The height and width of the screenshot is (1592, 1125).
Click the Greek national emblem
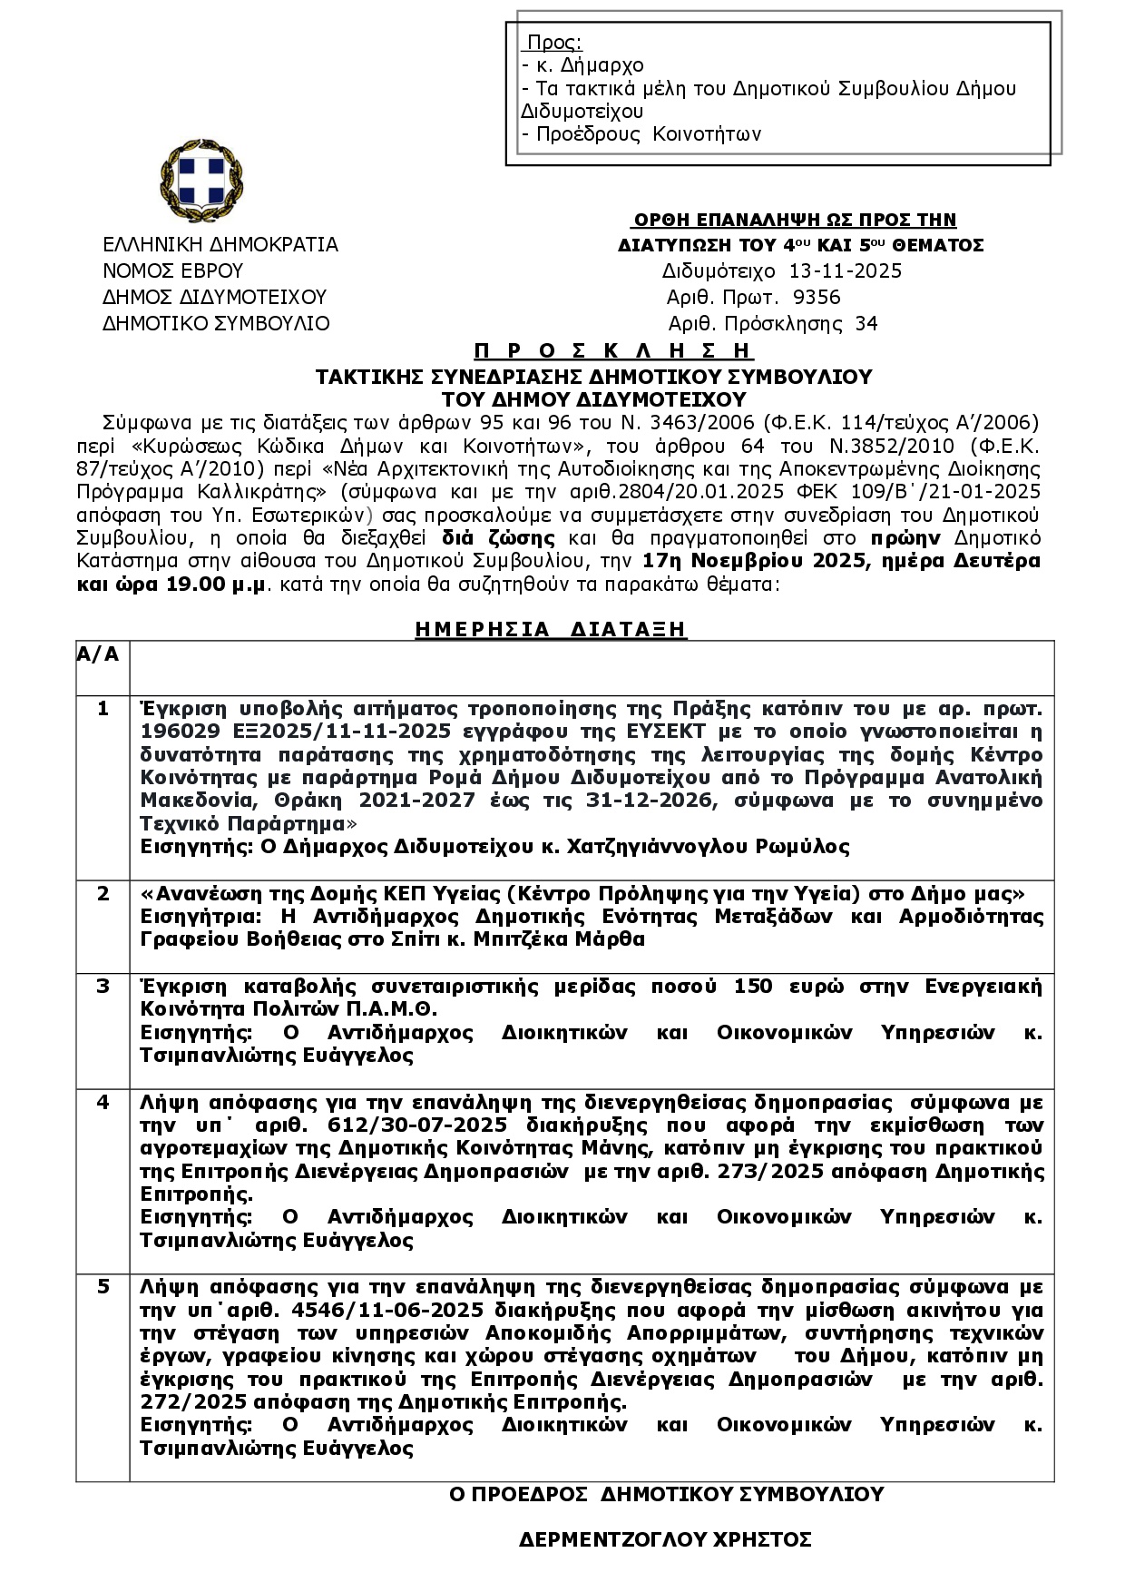pos(201,181)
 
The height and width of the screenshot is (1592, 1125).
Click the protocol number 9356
pos(817,298)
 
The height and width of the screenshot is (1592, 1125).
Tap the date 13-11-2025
pos(846,271)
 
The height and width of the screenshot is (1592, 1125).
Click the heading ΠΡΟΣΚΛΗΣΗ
pos(613,351)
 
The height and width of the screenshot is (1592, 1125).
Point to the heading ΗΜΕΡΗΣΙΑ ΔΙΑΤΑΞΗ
pos(551,630)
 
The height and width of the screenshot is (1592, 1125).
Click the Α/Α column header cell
pos(98,655)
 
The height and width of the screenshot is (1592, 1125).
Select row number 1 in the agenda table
pos(103,709)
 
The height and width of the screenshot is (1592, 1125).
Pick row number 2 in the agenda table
pos(103,894)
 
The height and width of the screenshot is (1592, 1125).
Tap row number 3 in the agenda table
pos(103,987)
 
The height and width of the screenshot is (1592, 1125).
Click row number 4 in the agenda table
pos(103,1102)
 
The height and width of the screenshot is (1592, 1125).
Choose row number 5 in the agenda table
pos(103,1287)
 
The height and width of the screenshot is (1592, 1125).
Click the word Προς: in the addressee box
pos(554,43)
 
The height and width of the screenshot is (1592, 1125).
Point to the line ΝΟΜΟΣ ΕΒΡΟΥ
pos(173,271)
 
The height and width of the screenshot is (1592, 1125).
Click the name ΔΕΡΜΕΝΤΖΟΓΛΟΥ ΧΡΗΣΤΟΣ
pos(665,1539)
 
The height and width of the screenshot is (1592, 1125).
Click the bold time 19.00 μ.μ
pos(215,585)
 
